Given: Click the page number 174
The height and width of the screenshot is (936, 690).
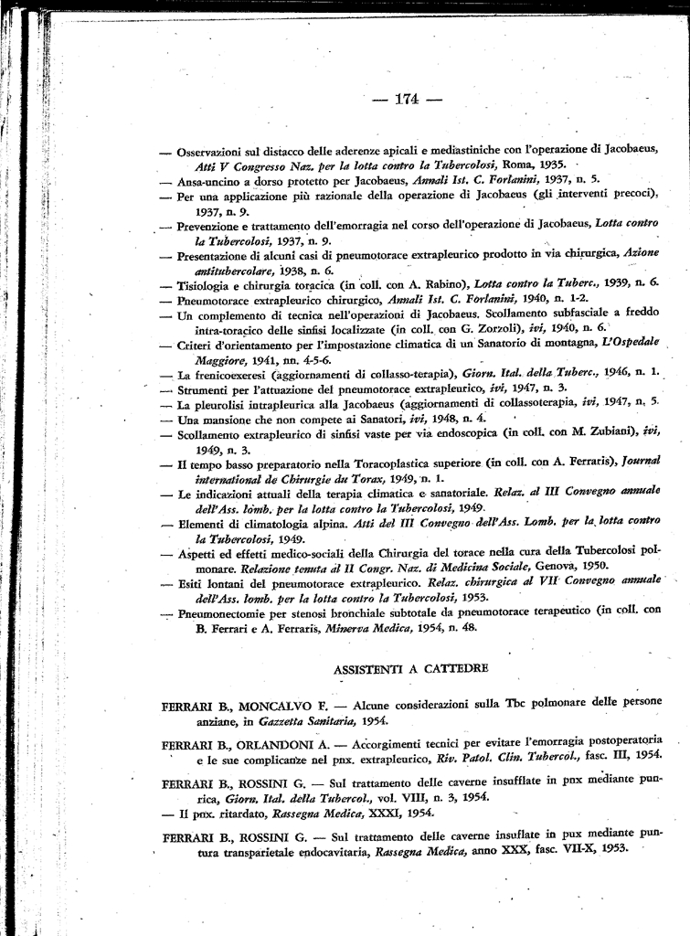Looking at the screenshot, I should [x=407, y=100].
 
